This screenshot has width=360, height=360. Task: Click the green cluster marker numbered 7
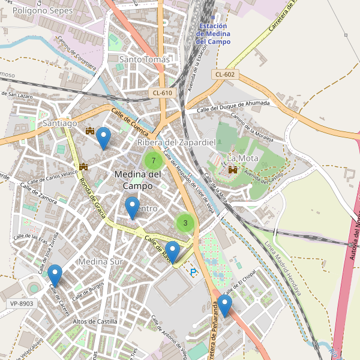[x=154, y=161]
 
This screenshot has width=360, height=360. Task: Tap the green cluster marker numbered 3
[x=185, y=223]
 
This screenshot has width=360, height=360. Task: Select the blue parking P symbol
[x=193, y=272]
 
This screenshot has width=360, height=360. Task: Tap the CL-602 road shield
[x=225, y=74]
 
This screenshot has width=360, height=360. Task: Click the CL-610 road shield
[x=162, y=92]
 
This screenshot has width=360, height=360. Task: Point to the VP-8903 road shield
[x=22, y=304]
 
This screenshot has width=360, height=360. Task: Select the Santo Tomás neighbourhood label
[x=145, y=59]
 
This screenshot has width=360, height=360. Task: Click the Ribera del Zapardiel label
[x=176, y=142]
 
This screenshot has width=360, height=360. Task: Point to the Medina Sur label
[x=100, y=262]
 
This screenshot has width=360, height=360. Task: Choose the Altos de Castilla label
[x=95, y=322]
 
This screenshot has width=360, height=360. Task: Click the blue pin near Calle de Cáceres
[x=55, y=275]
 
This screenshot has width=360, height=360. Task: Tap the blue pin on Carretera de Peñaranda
[x=225, y=305]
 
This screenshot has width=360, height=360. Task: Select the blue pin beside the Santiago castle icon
[x=104, y=139]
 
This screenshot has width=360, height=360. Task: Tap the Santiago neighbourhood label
[x=60, y=123]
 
